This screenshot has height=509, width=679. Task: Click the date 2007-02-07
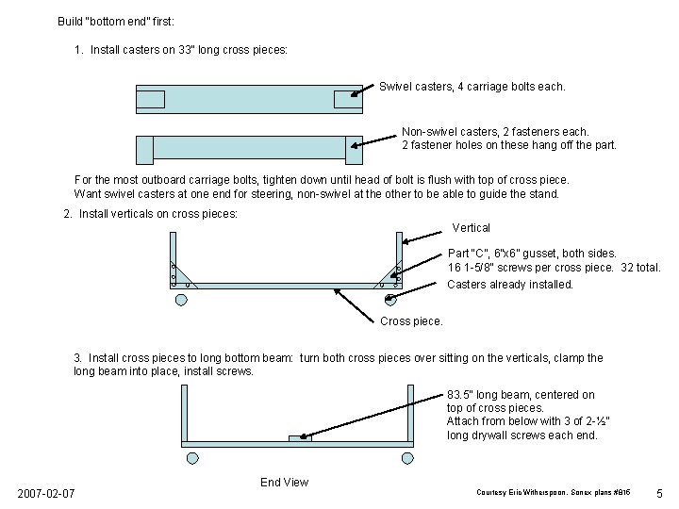(x=47, y=495)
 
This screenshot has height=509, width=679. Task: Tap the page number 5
(x=659, y=494)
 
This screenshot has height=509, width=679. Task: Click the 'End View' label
(x=284, y=483)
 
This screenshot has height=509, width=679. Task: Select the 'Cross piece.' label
(x=411, y=321)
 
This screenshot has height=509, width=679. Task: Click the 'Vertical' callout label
(x=471, y=228)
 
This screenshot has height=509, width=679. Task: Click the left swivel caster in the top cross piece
(x=151, y=99)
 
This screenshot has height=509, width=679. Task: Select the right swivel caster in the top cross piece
(x=348, y=99)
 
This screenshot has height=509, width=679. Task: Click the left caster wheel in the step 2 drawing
(x=180, y=300)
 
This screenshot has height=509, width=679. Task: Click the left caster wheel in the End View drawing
(x=193, y=458)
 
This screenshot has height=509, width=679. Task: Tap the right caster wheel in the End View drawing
(x=407, y=458)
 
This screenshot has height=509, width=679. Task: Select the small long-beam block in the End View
(x=300, y=437)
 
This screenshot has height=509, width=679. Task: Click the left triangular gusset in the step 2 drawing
(x=177, y=273)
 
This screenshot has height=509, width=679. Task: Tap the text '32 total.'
(x=641, y=268)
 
